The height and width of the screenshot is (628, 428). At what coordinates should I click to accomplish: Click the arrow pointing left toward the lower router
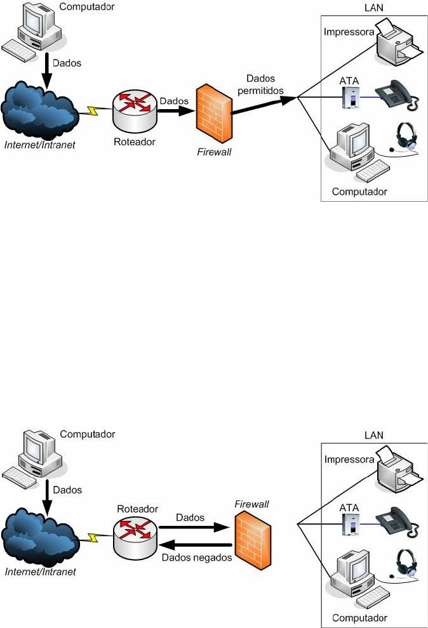[194, 545]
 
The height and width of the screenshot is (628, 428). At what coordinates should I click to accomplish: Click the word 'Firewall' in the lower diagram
[251, 504]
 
